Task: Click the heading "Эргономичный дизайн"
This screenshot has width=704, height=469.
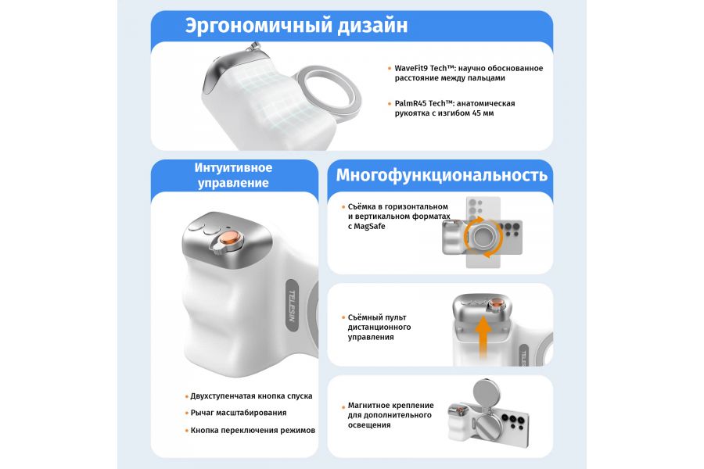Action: pyautogui.click(x=296, y=25)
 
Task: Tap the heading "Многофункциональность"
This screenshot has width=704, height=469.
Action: pyautogui.click(x=441, y=174)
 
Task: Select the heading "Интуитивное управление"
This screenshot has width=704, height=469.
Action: pyautogui.click(x=234, y=175)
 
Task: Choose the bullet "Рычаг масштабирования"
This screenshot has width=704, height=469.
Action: pyautogui.click(x=238, y=413)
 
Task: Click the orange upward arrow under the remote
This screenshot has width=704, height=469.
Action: pyautogui.click(x=484, y=338)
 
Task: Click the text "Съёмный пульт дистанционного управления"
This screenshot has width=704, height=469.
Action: pyautogui.click(x=379, y=327)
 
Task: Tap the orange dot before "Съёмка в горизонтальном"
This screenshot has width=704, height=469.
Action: pyautogui.click(x=343, y=207)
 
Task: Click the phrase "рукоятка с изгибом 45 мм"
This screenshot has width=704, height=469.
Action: pyautogui.click(x=444, y=113)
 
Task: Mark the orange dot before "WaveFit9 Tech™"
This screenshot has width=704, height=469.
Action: pyautogui.click(x=390, y=69)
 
